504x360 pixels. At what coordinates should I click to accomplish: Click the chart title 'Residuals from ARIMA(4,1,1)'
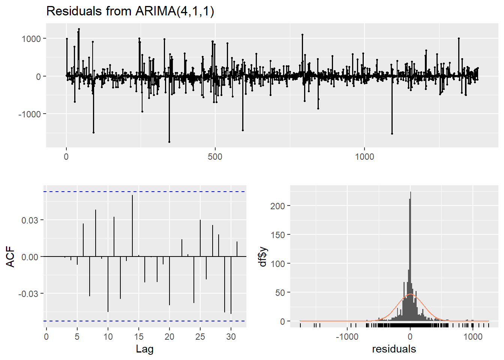click(130, 11)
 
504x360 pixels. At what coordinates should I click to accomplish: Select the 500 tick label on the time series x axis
click(215, 157)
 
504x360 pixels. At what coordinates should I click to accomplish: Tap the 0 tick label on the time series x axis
click(66, 157)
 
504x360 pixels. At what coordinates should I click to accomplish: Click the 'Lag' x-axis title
click(144, 349)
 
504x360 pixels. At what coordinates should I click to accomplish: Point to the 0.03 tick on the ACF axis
click(30, 220)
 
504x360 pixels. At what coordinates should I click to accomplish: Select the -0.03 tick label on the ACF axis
click(28, 294)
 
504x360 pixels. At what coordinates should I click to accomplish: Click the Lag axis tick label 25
click(200, 337)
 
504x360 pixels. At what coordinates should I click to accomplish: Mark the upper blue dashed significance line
click(145, 192)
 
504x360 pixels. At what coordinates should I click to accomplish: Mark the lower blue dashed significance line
click(145, 321)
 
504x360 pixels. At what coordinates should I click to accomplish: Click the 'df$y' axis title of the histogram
click(263, 257)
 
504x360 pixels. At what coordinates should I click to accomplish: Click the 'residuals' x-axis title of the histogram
click(394, 349)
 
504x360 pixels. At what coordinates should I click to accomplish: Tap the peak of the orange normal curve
click(411, 294)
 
